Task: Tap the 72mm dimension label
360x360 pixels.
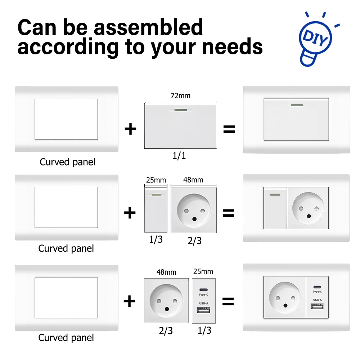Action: tap(180, 96)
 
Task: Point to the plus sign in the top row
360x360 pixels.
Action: tap(130, 129)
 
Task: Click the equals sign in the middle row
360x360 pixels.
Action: tap(229, 213)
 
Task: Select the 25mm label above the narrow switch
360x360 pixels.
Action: tap(156, 180)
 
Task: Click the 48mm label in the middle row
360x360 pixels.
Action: tap(193, 180)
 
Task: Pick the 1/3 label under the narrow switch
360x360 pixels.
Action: tap(156, 240)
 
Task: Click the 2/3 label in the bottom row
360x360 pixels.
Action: tap(166, 331)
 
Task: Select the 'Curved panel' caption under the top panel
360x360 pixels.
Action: tap(67, 162)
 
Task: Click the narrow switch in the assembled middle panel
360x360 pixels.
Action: tap(275, 208)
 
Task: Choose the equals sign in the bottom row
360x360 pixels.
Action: tap(228, 301)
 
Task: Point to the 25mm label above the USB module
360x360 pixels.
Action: tap(203, 271)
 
